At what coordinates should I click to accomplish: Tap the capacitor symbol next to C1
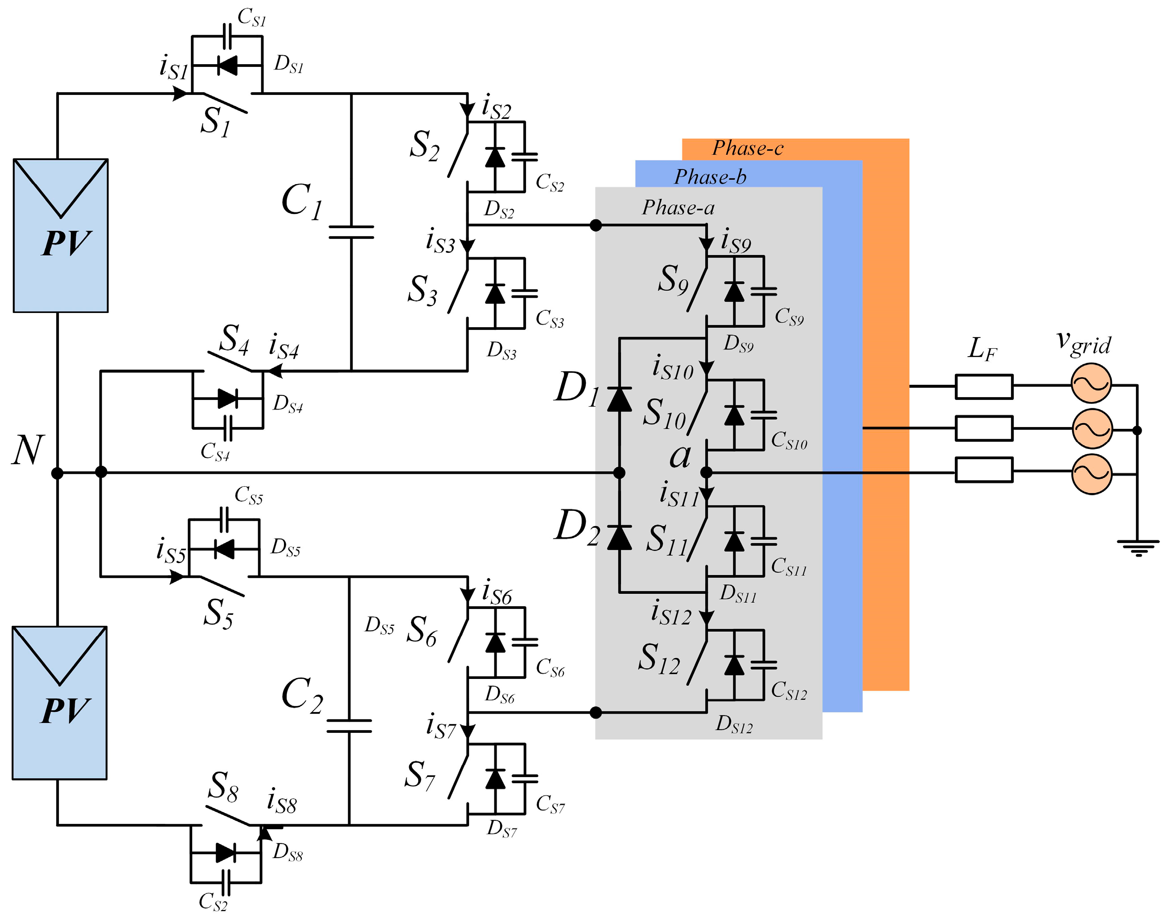pyautogui.click(x=351, y=232)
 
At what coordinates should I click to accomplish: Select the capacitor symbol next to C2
pyautogui.click(x=349, y=726)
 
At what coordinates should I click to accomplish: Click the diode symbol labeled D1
pyautogui.click(x=619, y=399)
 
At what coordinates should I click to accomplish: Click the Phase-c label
pyautogui.click(x=747, y=148)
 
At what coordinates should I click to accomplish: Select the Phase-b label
pyautogui.click(x=710, y=177)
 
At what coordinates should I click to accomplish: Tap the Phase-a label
pyautogui.click(x=678, y=207)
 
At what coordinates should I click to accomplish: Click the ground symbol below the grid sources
pyautogui.click(x=1137, y=547)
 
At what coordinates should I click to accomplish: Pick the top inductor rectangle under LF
pyautogui.click(x=983, y=387)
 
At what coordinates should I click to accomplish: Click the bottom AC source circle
pyautogui.click(x=1091, y=473)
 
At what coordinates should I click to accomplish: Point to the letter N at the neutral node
pyautogui.click(x=27, y=450)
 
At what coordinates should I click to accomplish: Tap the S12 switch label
pyautogui.click(x=659, y=659)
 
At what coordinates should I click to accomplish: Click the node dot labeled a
pyautogui.click(x=707, y=473)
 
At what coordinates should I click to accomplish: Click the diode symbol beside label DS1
pyautogui.click(x=228, y=66)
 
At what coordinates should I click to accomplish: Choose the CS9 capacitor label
pyautogui.click(x=789, y=317)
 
